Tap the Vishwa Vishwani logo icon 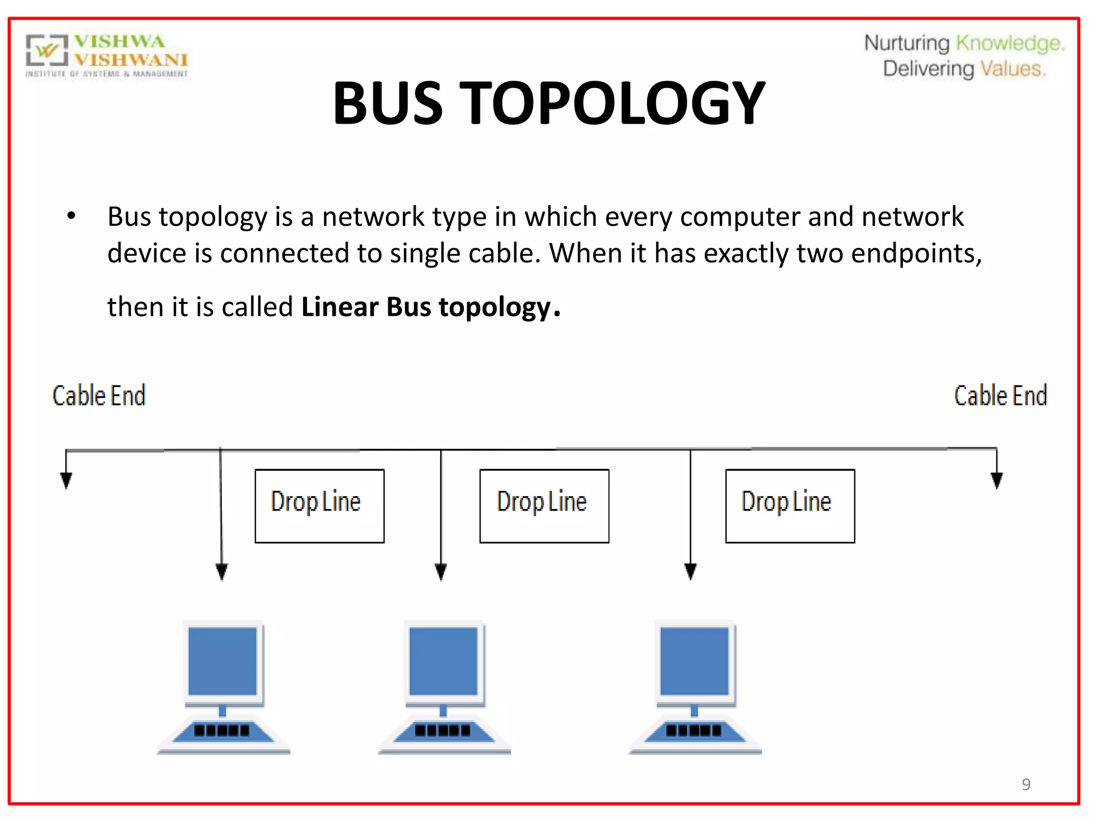47,51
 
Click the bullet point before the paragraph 71,216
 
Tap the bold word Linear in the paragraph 340,307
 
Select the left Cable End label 99,396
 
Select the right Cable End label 1000,396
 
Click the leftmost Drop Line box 319,506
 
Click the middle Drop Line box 544,506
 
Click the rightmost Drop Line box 790,506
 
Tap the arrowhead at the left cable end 66,480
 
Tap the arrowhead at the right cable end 997,480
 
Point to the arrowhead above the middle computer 441,572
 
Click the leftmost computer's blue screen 222,661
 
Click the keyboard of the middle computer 442,730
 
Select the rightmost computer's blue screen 694,661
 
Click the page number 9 1026,784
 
